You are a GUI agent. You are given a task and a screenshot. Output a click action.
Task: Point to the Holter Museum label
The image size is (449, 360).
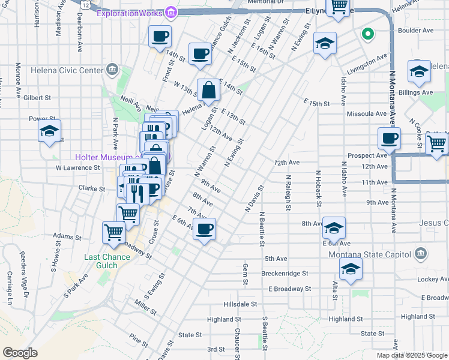tap(107, 158)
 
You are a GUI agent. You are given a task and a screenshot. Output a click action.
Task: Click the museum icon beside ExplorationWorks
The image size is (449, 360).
tap(171, 12)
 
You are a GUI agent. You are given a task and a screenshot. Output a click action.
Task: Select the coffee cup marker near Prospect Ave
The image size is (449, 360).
tap(389, 139)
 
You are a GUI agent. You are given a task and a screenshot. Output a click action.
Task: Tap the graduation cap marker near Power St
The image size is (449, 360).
tap(50, 131)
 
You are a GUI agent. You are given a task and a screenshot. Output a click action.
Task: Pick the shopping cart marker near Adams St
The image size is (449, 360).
tap(113, 232)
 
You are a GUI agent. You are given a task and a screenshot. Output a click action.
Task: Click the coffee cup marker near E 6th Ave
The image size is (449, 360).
tap(205, 229)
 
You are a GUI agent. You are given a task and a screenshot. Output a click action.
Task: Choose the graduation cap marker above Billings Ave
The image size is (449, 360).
tap(419, 71)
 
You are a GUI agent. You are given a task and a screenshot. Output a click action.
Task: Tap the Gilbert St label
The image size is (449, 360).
tap(37, 97)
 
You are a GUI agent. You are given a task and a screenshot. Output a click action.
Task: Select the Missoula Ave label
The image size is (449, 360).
tap(366, 113)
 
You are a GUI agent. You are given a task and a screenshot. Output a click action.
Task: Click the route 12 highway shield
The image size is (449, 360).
tap(86, 5)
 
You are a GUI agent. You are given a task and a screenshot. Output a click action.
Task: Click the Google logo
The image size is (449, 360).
tap(20, 353)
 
